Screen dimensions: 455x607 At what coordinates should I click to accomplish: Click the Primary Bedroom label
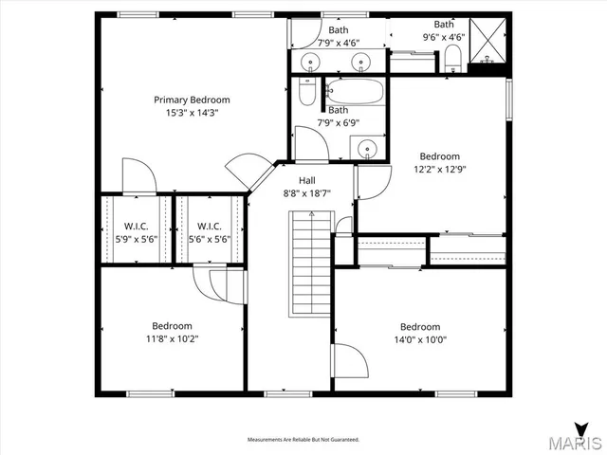click(x=193, y=100)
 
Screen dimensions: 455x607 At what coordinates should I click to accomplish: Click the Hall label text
click(x=306, y=180)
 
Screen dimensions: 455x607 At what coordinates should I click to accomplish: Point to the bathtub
click(x=355, y=92)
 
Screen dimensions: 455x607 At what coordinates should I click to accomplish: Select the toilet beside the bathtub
click(x=305, y=93)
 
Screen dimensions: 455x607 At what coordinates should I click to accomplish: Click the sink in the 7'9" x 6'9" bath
click(x=366, y=147)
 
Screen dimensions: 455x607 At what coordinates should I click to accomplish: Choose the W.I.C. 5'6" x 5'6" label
click(x=209, y=232)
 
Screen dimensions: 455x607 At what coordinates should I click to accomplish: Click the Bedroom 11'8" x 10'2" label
click(x=172, y=332)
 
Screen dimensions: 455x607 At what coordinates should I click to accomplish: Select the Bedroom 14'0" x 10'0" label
click(x=420, y=333)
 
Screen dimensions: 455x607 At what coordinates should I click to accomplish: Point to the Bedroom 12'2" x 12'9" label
click(x=440, y=163)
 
